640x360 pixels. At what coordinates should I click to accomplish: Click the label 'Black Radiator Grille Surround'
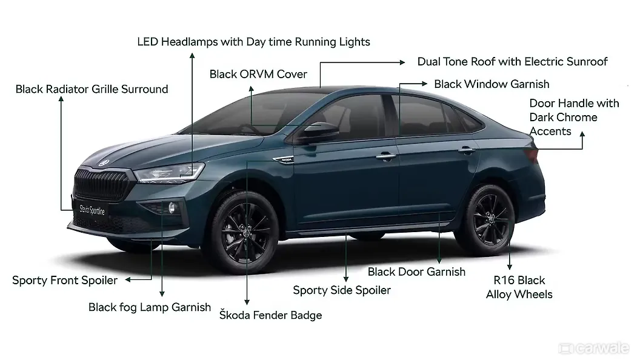[92, 89]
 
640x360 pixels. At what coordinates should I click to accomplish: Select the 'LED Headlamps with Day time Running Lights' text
[253, 42]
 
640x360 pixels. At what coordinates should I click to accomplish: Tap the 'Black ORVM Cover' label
[258, 74]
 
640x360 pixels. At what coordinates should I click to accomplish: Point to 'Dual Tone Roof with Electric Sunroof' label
[512, 62]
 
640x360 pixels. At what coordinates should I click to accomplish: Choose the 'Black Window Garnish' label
[492, 84]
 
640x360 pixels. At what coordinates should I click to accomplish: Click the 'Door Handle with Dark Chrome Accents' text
[574, 117]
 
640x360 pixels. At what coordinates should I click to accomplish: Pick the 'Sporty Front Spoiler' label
[65, 280]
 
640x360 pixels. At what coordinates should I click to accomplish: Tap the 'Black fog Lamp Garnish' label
[150, 307]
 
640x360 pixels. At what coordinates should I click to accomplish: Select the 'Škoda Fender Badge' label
[270, 315]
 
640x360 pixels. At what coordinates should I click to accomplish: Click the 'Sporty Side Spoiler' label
[342, 290]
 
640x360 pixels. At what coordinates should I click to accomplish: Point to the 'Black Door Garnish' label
[416, 272]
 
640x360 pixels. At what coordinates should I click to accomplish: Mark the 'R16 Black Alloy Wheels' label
[519, 287]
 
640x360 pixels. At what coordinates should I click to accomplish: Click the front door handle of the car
[385, 157]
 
